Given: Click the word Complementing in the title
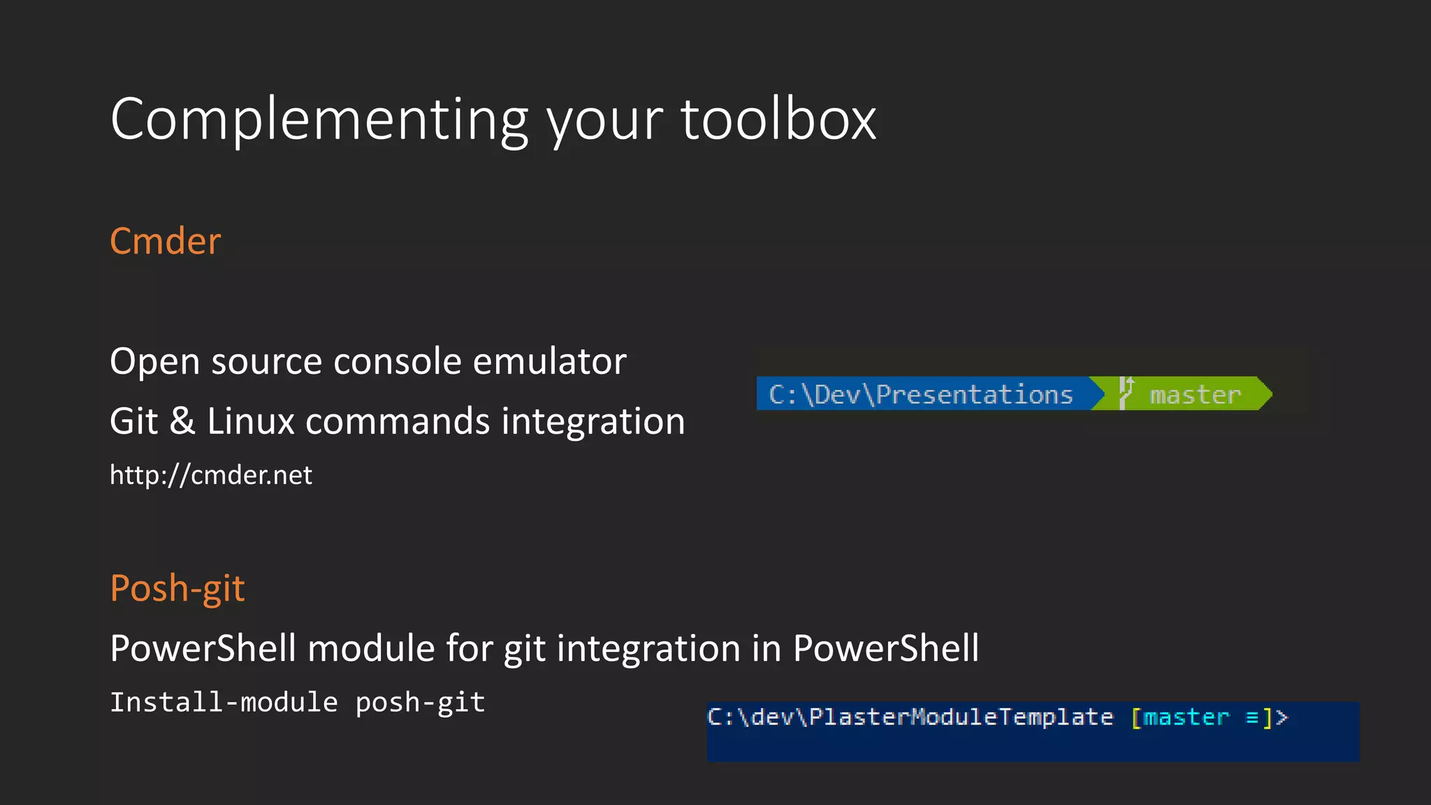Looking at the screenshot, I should [x=319, y=120].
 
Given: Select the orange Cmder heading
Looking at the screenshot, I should [x=165, y=242].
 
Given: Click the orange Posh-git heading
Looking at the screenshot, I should [x=177, y=588].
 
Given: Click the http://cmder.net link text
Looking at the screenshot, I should [x=210, y=475].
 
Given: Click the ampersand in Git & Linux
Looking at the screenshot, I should [x=182, y=422].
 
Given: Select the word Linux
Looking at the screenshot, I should [x=250, y=422].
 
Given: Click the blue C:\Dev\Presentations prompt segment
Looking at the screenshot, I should [x=920, y=395].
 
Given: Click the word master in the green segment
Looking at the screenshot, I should [x=1195, y=396].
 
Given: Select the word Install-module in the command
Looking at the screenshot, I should [x=224, y=702].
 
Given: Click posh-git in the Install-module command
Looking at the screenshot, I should [x=420, y=702].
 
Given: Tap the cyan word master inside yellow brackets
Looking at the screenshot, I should [x=1186, y=718].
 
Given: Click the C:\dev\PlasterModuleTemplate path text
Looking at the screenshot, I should [x=910, y=718].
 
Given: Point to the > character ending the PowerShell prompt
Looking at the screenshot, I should [x=1281, y=718].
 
